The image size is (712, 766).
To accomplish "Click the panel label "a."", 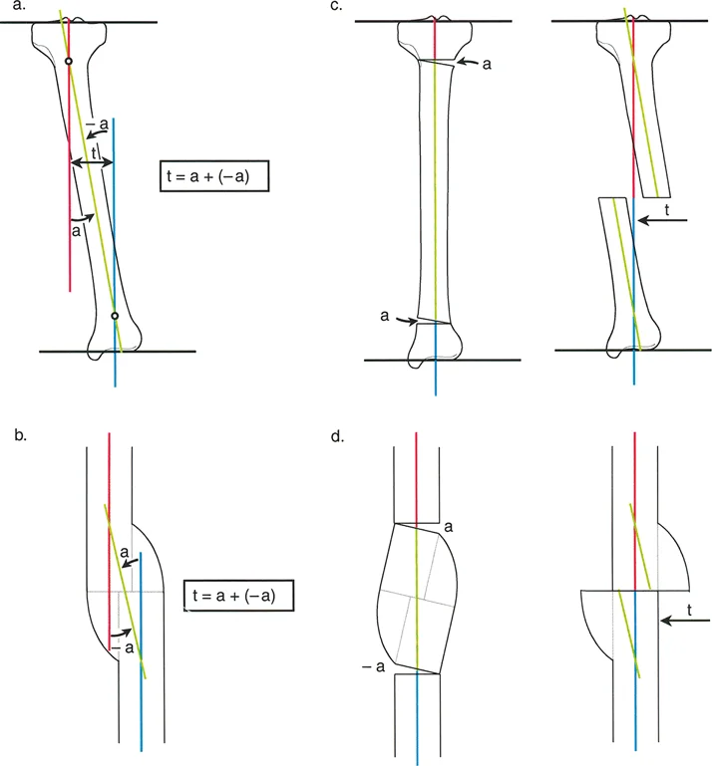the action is click(20, 6).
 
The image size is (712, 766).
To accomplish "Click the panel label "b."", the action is click(21, 435).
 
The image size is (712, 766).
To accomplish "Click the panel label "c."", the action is click(336, 6).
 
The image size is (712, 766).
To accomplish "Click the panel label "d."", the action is click(337, 436).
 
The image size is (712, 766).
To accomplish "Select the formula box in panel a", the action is click(214, 175).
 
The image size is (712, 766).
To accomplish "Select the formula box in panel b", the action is click(238, 596).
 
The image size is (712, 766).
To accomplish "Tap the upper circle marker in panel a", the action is click(69, 61).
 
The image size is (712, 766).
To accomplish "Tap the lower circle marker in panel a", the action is click(115, 316).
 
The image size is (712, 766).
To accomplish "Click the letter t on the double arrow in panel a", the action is click(94, 154).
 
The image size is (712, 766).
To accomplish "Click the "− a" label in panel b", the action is click(123, 647).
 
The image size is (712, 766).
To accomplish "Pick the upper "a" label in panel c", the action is click(487, 64).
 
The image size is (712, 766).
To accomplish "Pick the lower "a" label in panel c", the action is click(385, 316).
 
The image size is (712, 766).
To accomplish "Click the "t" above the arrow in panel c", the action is click(667, 210).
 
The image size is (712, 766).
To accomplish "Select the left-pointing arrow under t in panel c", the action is click(662, 220).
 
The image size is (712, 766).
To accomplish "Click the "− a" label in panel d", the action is click(374, 666).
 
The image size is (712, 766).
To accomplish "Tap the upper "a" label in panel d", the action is click(448, 527).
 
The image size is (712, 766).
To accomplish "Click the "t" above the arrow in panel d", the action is click(689, 611).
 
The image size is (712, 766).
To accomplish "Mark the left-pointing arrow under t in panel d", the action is click(685, 621).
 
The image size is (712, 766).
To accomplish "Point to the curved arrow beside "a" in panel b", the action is click(129, 563).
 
